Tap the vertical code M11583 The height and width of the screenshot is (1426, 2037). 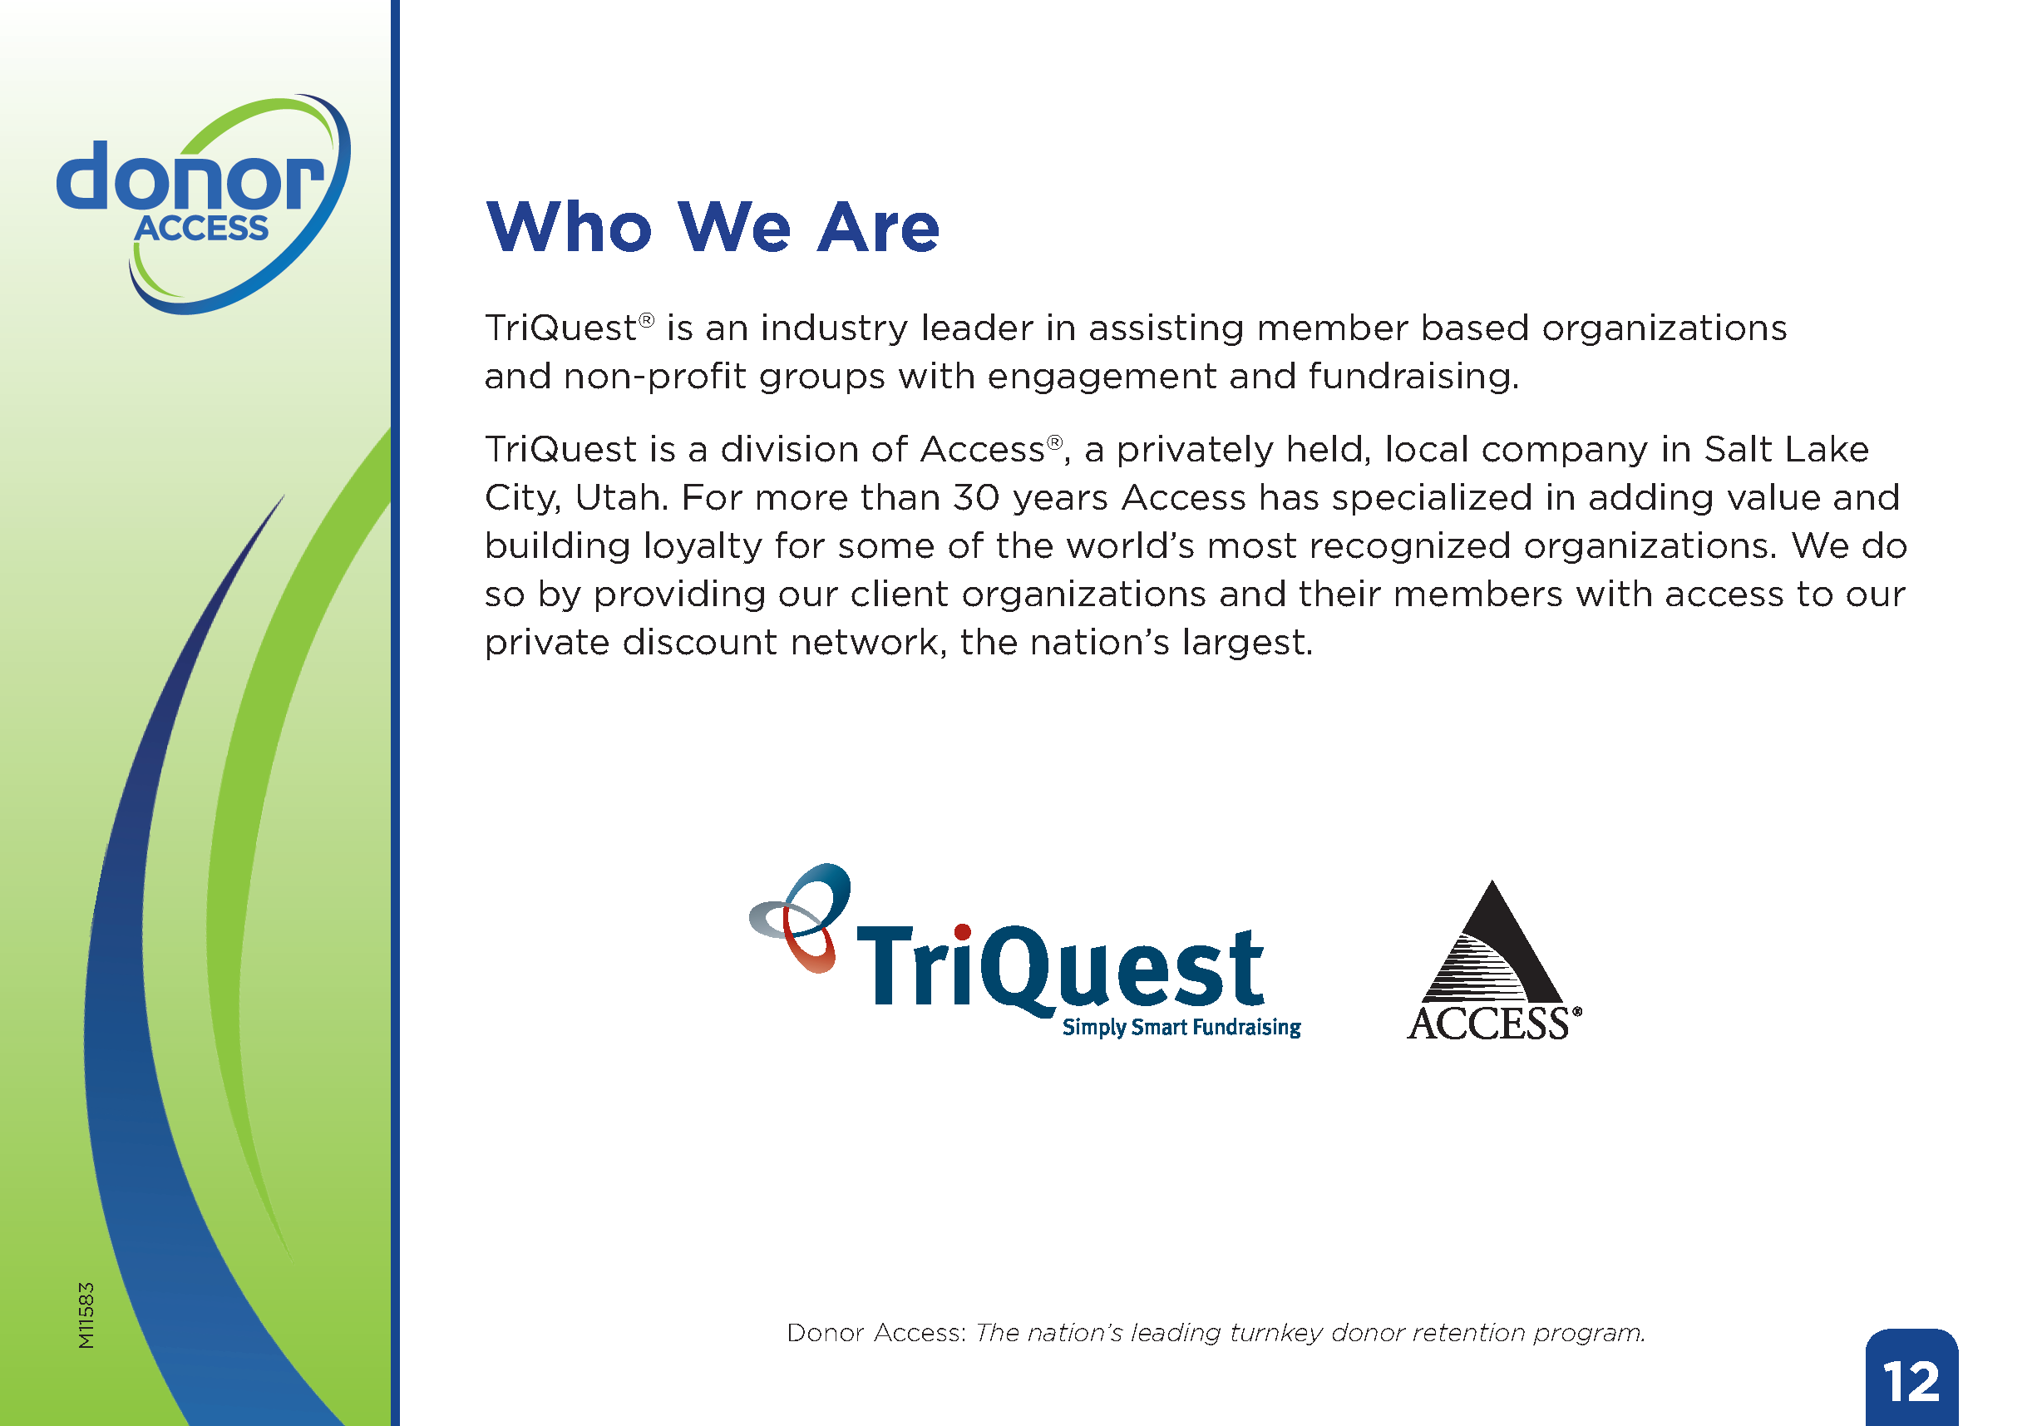(x=86, y=1316)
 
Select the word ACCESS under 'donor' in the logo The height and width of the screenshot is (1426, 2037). (x=201, y=229)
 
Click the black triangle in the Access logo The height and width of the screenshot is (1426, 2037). (x=1492, y=942)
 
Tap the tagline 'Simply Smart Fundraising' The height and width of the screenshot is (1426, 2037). (x=1181, y=1028)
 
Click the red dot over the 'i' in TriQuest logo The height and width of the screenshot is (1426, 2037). (x=963, y=932)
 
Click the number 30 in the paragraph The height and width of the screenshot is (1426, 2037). (x=977, y=498)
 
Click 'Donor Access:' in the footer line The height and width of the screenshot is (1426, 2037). (x=875, y=1333)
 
